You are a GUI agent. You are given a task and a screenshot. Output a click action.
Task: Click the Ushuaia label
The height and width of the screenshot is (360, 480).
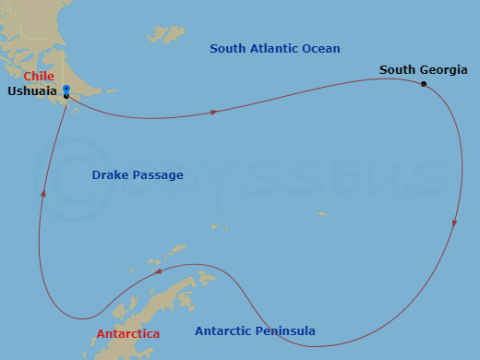(32, 91)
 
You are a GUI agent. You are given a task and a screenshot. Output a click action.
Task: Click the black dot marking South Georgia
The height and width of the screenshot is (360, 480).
(424, 84)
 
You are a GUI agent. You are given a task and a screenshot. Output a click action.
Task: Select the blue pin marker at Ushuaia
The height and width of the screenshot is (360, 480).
(66, 90)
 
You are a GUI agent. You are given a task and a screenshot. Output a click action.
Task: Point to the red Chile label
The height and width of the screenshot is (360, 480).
(39, 76)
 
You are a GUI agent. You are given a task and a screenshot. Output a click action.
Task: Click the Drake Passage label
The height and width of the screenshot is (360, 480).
(138, 174)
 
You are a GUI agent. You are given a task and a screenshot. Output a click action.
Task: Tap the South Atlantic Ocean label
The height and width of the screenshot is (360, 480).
(274, 48)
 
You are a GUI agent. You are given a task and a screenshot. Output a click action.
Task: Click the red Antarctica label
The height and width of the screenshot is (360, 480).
(128, 333)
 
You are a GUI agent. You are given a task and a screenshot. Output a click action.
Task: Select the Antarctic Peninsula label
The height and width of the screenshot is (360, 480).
(255, 330)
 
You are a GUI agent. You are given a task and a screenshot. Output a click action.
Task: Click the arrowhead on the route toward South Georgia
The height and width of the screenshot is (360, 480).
(214, 112)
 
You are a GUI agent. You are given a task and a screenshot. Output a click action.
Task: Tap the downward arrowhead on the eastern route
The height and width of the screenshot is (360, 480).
(454, 224)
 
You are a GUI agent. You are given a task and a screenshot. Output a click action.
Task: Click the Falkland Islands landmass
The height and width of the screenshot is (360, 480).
(168, 34)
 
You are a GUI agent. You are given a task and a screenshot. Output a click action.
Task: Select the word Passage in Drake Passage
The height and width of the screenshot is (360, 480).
(158, 174)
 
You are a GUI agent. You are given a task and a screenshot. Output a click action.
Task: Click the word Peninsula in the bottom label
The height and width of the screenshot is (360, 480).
(284, 330)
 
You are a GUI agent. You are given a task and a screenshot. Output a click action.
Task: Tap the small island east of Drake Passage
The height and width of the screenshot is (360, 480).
(321, 214)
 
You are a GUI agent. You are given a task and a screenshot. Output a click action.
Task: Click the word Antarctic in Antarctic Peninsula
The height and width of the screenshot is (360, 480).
(222, 330)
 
